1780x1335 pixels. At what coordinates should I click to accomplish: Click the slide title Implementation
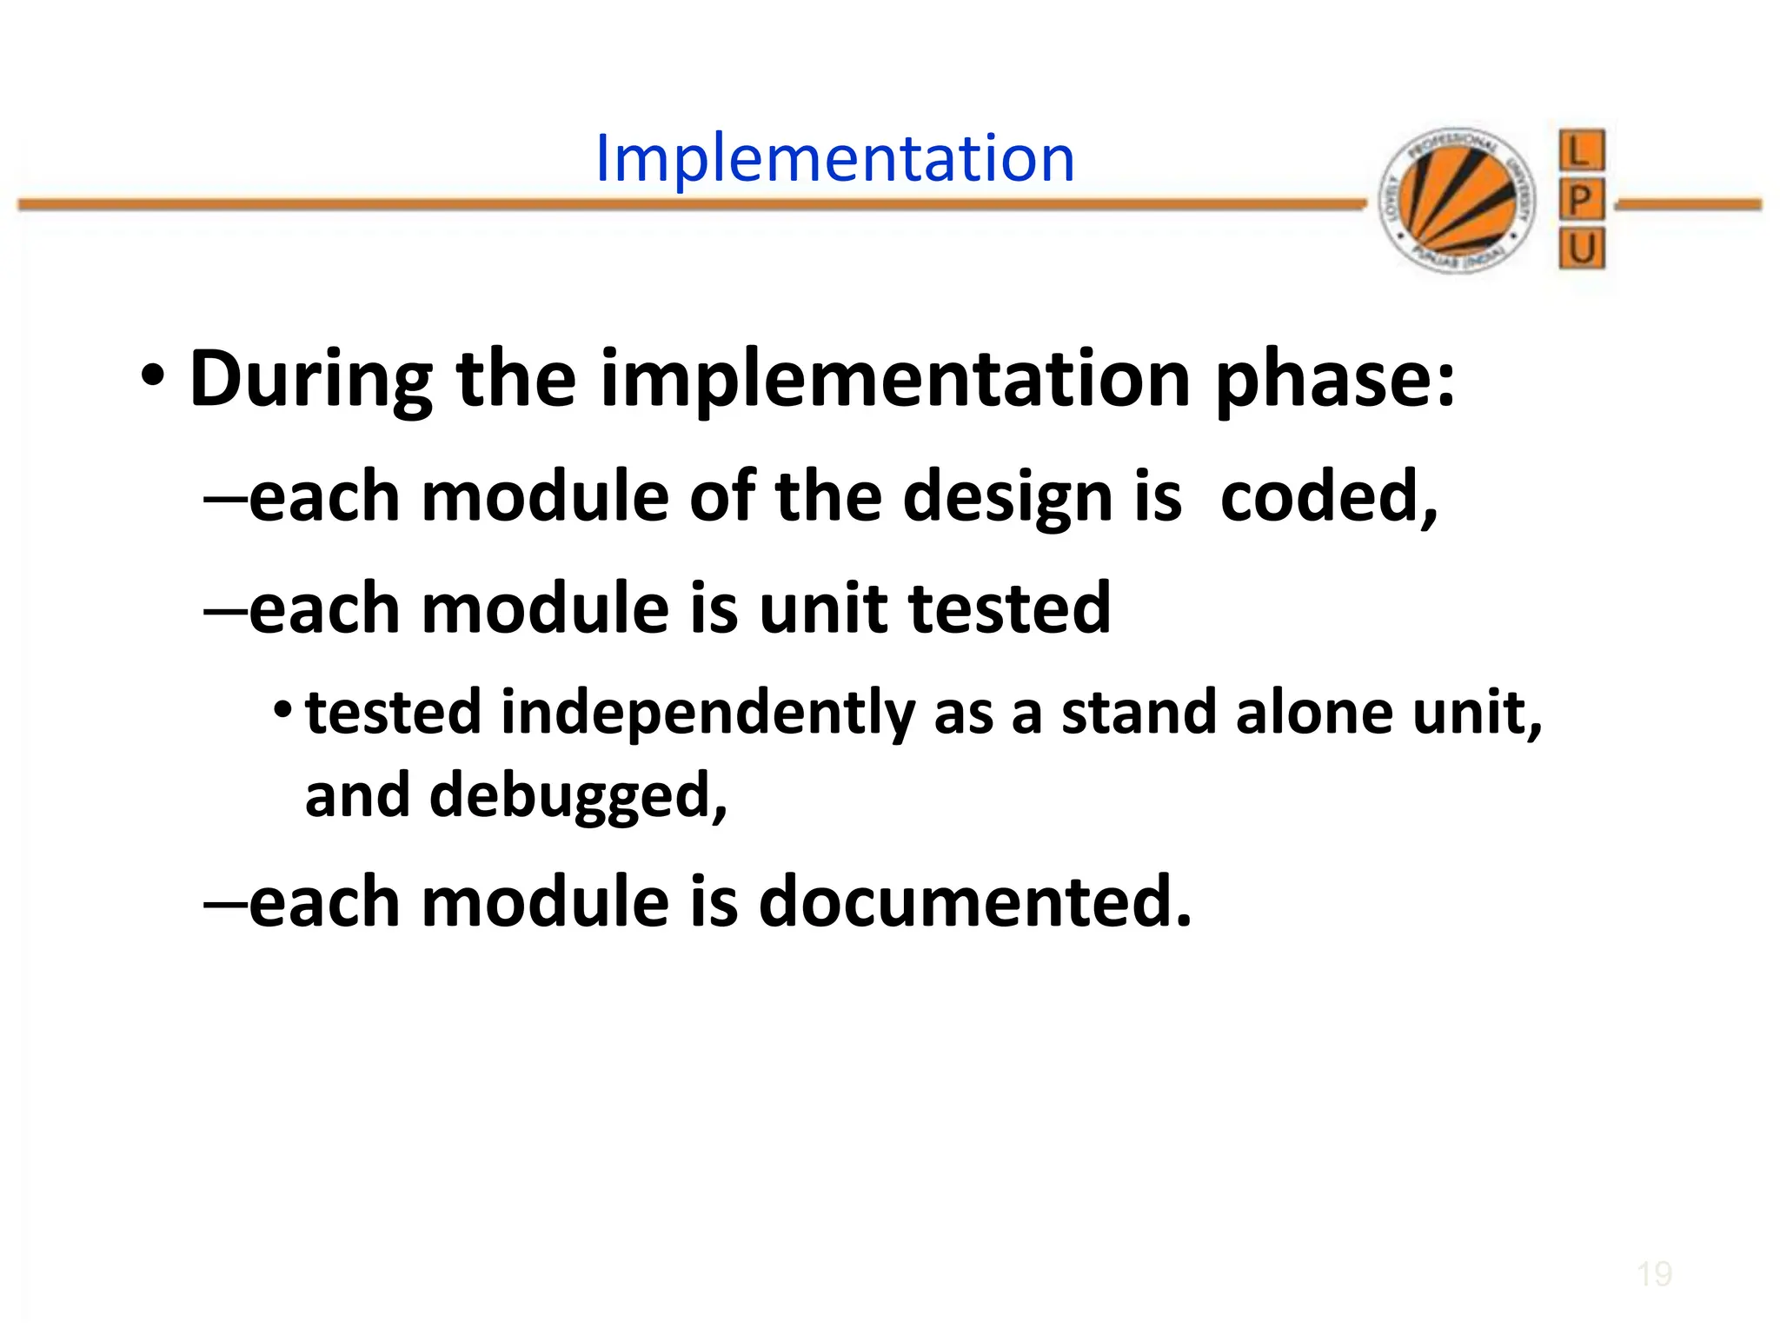[x=834, y=158]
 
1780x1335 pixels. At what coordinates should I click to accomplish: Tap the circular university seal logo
[x=1458, y=200]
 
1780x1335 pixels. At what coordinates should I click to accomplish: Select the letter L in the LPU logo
[x=1581, y=151]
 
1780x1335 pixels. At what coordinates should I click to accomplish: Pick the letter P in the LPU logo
[x=1581, y=201]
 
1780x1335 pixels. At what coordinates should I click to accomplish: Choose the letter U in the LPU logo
[x=1581, y=249]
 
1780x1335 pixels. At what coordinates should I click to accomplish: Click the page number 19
[x=1654, y=1275]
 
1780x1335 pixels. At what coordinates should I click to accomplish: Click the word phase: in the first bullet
[x=1334, y=380]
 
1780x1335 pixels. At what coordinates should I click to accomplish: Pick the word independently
[x=707, y=714]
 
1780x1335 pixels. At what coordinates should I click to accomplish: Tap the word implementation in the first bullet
[x=895, y=380]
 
